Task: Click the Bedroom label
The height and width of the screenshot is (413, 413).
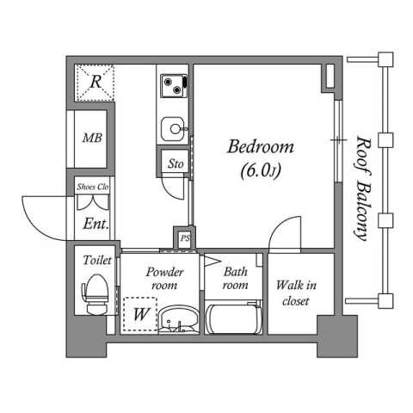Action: tap(261, 146)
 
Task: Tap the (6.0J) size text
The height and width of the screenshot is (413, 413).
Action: tap(261, 171)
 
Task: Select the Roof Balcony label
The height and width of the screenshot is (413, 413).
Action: tap(362, 188)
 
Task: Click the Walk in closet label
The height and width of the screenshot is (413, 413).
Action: tap(296, 293)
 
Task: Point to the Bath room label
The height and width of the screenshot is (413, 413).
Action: tap(235, 278)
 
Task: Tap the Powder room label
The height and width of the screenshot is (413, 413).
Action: tap(164, 278)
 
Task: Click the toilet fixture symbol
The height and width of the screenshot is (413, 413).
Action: tap(96, 294)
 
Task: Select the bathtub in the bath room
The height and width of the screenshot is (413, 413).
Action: tap(234, 317)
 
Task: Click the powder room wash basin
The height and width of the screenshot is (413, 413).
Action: tap(178, 319)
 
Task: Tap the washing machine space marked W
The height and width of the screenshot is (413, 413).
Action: tap(140, 314)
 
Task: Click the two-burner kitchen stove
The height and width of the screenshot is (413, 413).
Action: tap(174, 85)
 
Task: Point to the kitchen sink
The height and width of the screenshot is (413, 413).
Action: tap(173, 129)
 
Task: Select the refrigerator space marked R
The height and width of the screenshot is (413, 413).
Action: tap(95, 83)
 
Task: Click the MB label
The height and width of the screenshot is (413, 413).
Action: tap(92, 139)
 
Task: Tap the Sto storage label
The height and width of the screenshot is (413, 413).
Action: tap(176, 164)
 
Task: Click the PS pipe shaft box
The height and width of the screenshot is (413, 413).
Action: tap(185, 237)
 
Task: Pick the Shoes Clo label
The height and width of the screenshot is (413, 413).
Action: tap(92, 187)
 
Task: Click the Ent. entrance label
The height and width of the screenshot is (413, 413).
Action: tap(96, 224)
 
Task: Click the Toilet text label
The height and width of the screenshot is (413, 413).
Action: tap(97, 261)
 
